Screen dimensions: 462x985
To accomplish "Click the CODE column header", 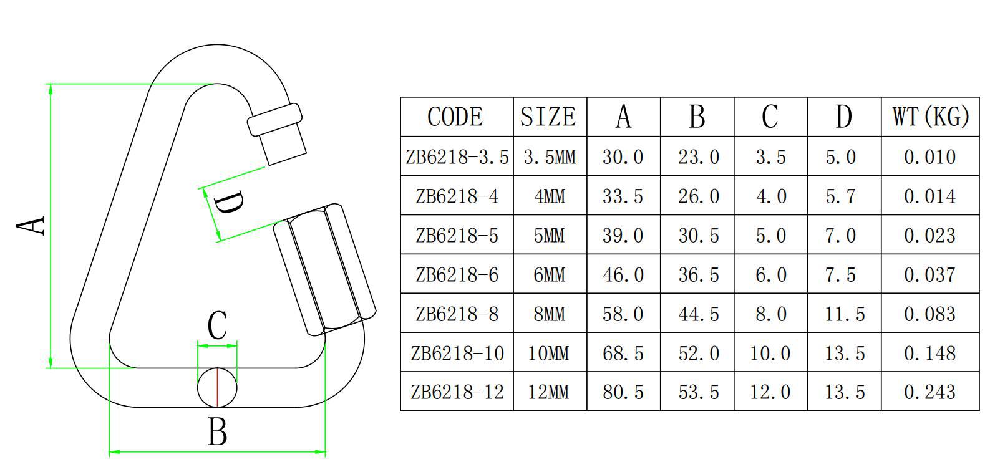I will [x=455, y=117].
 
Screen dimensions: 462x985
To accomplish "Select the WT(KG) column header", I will [x=930, y=117].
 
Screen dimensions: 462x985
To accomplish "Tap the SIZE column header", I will [x=549, y=117].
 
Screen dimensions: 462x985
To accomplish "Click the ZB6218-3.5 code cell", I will [x=457, y=156].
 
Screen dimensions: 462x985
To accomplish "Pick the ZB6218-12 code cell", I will [x=457, y=392].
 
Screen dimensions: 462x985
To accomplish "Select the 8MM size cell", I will [x=549, y=313].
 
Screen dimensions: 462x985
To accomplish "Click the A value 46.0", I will [x=623, y=274].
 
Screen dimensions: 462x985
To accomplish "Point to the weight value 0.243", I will [x=929, y=392].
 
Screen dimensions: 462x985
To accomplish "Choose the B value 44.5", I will [x=698, y=313].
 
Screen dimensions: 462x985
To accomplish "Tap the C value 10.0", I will [x=770, y=353].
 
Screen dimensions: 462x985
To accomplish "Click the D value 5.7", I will [x=844, y=196].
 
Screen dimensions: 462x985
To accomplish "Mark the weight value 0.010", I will [x=929, y=156].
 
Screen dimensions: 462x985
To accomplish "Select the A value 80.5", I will [x=623, y=392].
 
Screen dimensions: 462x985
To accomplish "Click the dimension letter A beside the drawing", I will [x=31, y=226].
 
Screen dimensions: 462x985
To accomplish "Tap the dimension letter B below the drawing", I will [x=217, y=431].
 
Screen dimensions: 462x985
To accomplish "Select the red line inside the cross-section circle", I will [x=217, y=387].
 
